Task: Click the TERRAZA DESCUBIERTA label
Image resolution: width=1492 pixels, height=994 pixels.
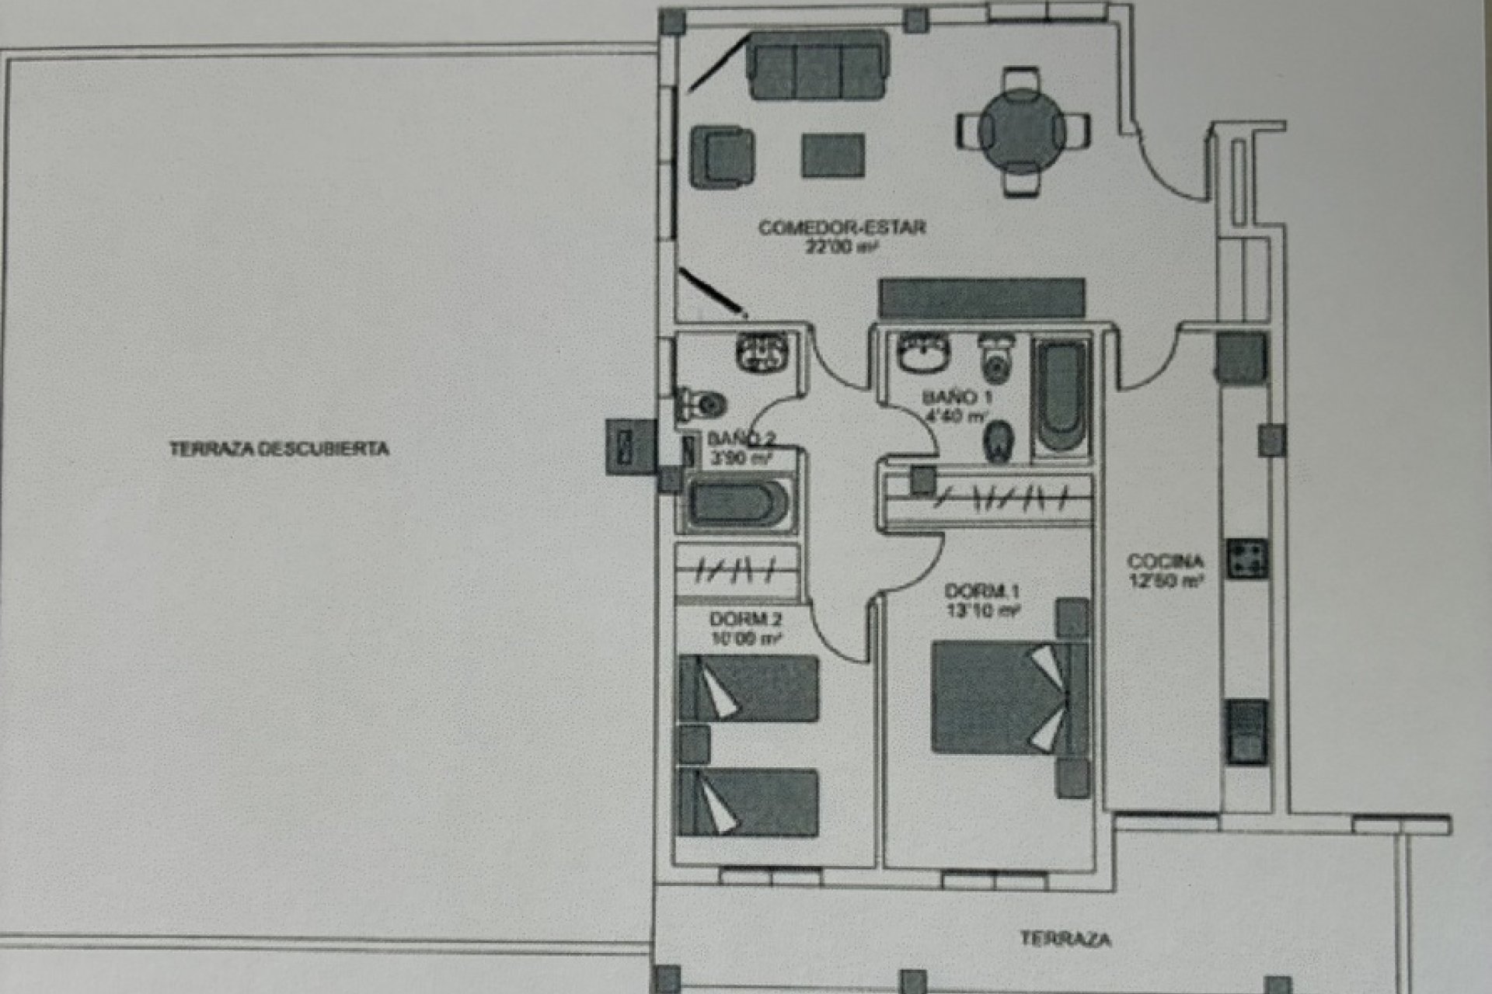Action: pyautogui.click(x=279, y=449)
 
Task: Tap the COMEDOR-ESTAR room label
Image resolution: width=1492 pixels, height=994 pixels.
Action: pyautogui.click(x=842, y=228)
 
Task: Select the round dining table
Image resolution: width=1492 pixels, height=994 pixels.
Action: pyautogui.click(x=1021, y=131)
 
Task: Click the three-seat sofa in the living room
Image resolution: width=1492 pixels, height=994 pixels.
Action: pyautogui.click(x=817, y=65)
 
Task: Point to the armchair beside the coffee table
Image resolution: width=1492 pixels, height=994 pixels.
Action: pyautogui.click(x=722, y=156)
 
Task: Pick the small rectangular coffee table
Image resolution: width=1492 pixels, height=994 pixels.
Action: pyautogui.click(x=833, y=155)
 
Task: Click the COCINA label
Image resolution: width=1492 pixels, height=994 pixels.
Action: pyautogui.click(x=1165, y=561)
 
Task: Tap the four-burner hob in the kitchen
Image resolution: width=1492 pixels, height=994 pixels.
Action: pyautogui.click(x=1247, y=558)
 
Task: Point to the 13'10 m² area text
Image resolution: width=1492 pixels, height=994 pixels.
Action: pyautogui.click(x=982, y=611)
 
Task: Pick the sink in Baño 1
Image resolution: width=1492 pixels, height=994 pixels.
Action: pyautogui.click(x=924, y=353)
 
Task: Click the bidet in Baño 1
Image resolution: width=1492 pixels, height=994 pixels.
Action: pyautogui.click(x=998, y=442)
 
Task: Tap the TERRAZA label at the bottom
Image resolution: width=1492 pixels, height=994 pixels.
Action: pyautogui.click(x=1065, y=939)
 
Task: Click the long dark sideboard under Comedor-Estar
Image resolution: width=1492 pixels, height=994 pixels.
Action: pyautogui.click(x=981, y=298)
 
